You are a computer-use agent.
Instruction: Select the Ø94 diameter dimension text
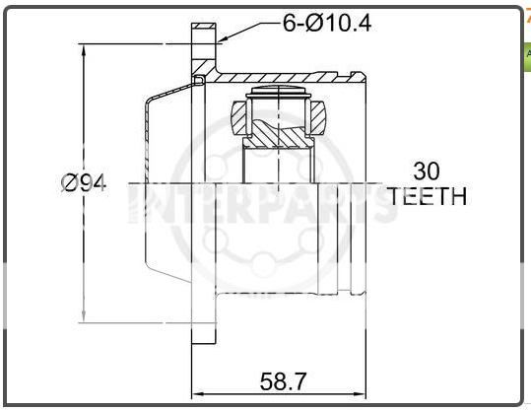point(84,183)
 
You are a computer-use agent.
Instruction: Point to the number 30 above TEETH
point(427,171)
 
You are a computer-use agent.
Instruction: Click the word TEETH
point(427,196)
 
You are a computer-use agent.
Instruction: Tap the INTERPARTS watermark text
point(258,206)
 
